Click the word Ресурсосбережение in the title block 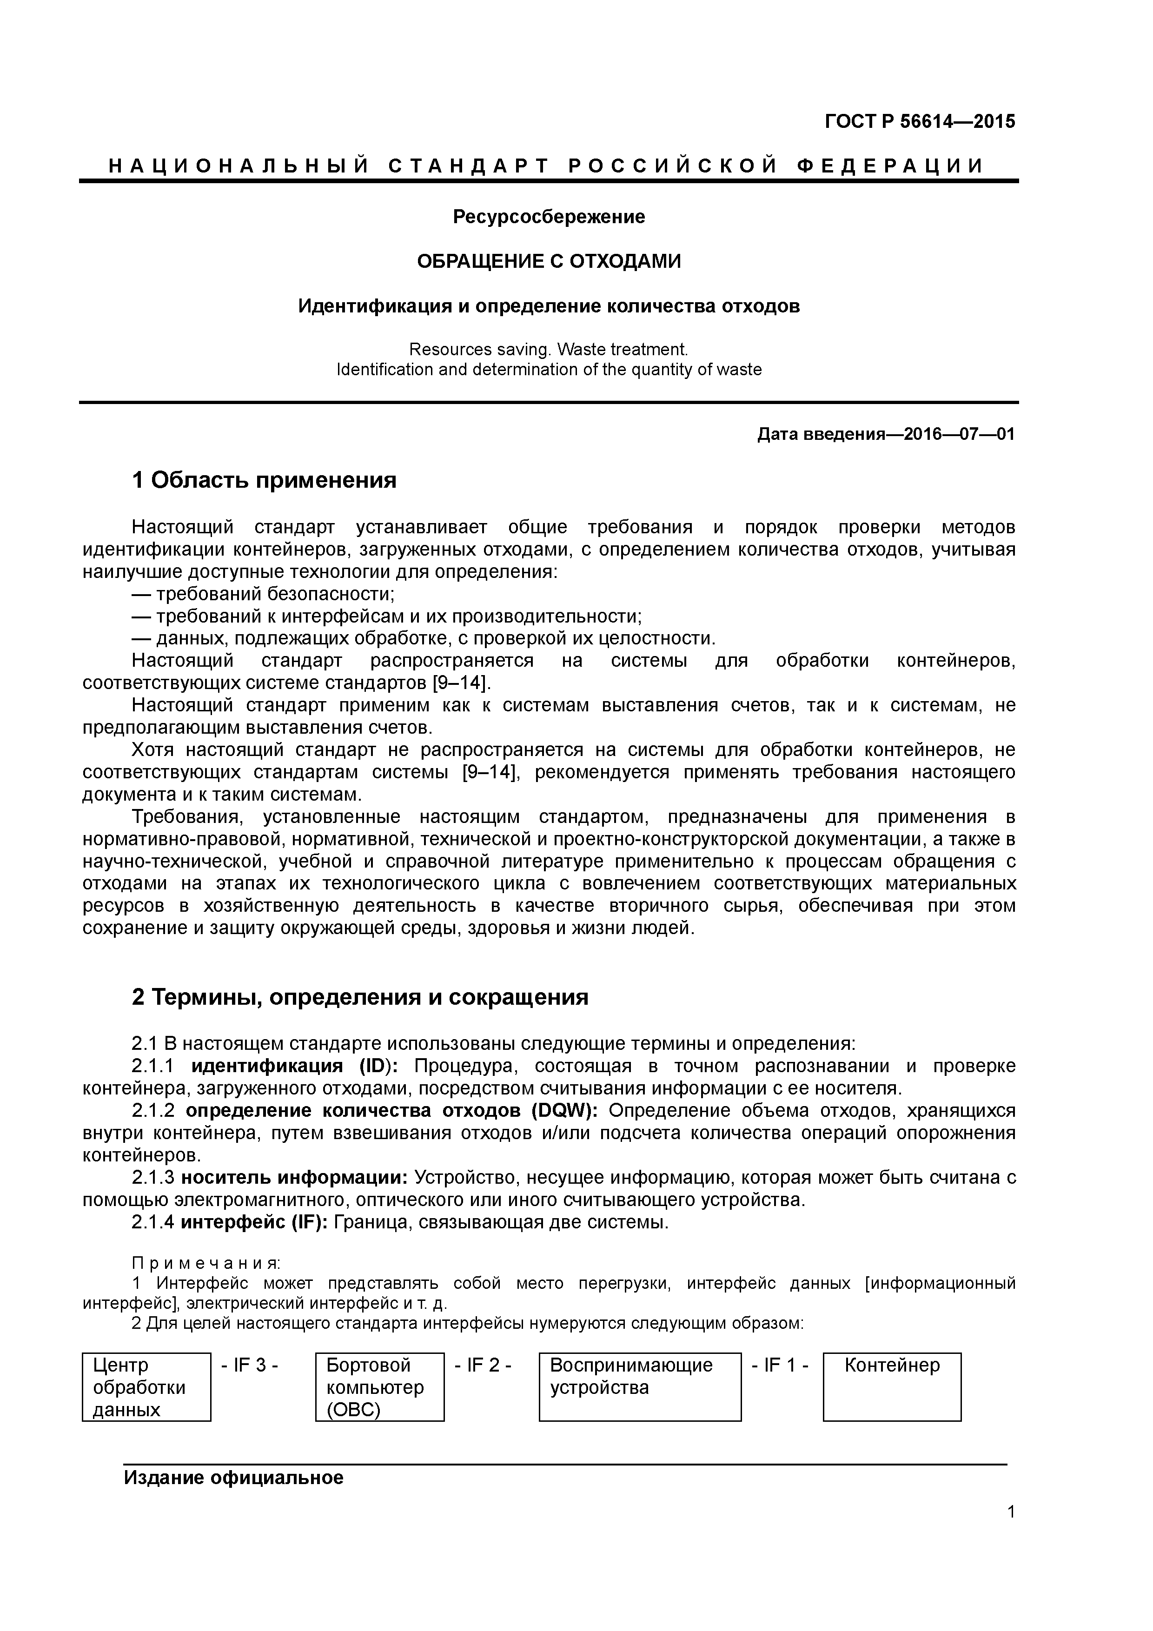point(549,217)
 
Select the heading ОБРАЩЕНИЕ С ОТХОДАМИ point(549,261)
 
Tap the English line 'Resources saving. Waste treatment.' point(549,350)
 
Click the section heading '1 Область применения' point(264,481)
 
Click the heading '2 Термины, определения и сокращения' point(360,997)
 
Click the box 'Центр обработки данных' point(146,1386)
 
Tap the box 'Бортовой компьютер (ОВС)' point(379,1386)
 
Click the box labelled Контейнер point(892,1386)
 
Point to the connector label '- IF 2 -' point(483,1366)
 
